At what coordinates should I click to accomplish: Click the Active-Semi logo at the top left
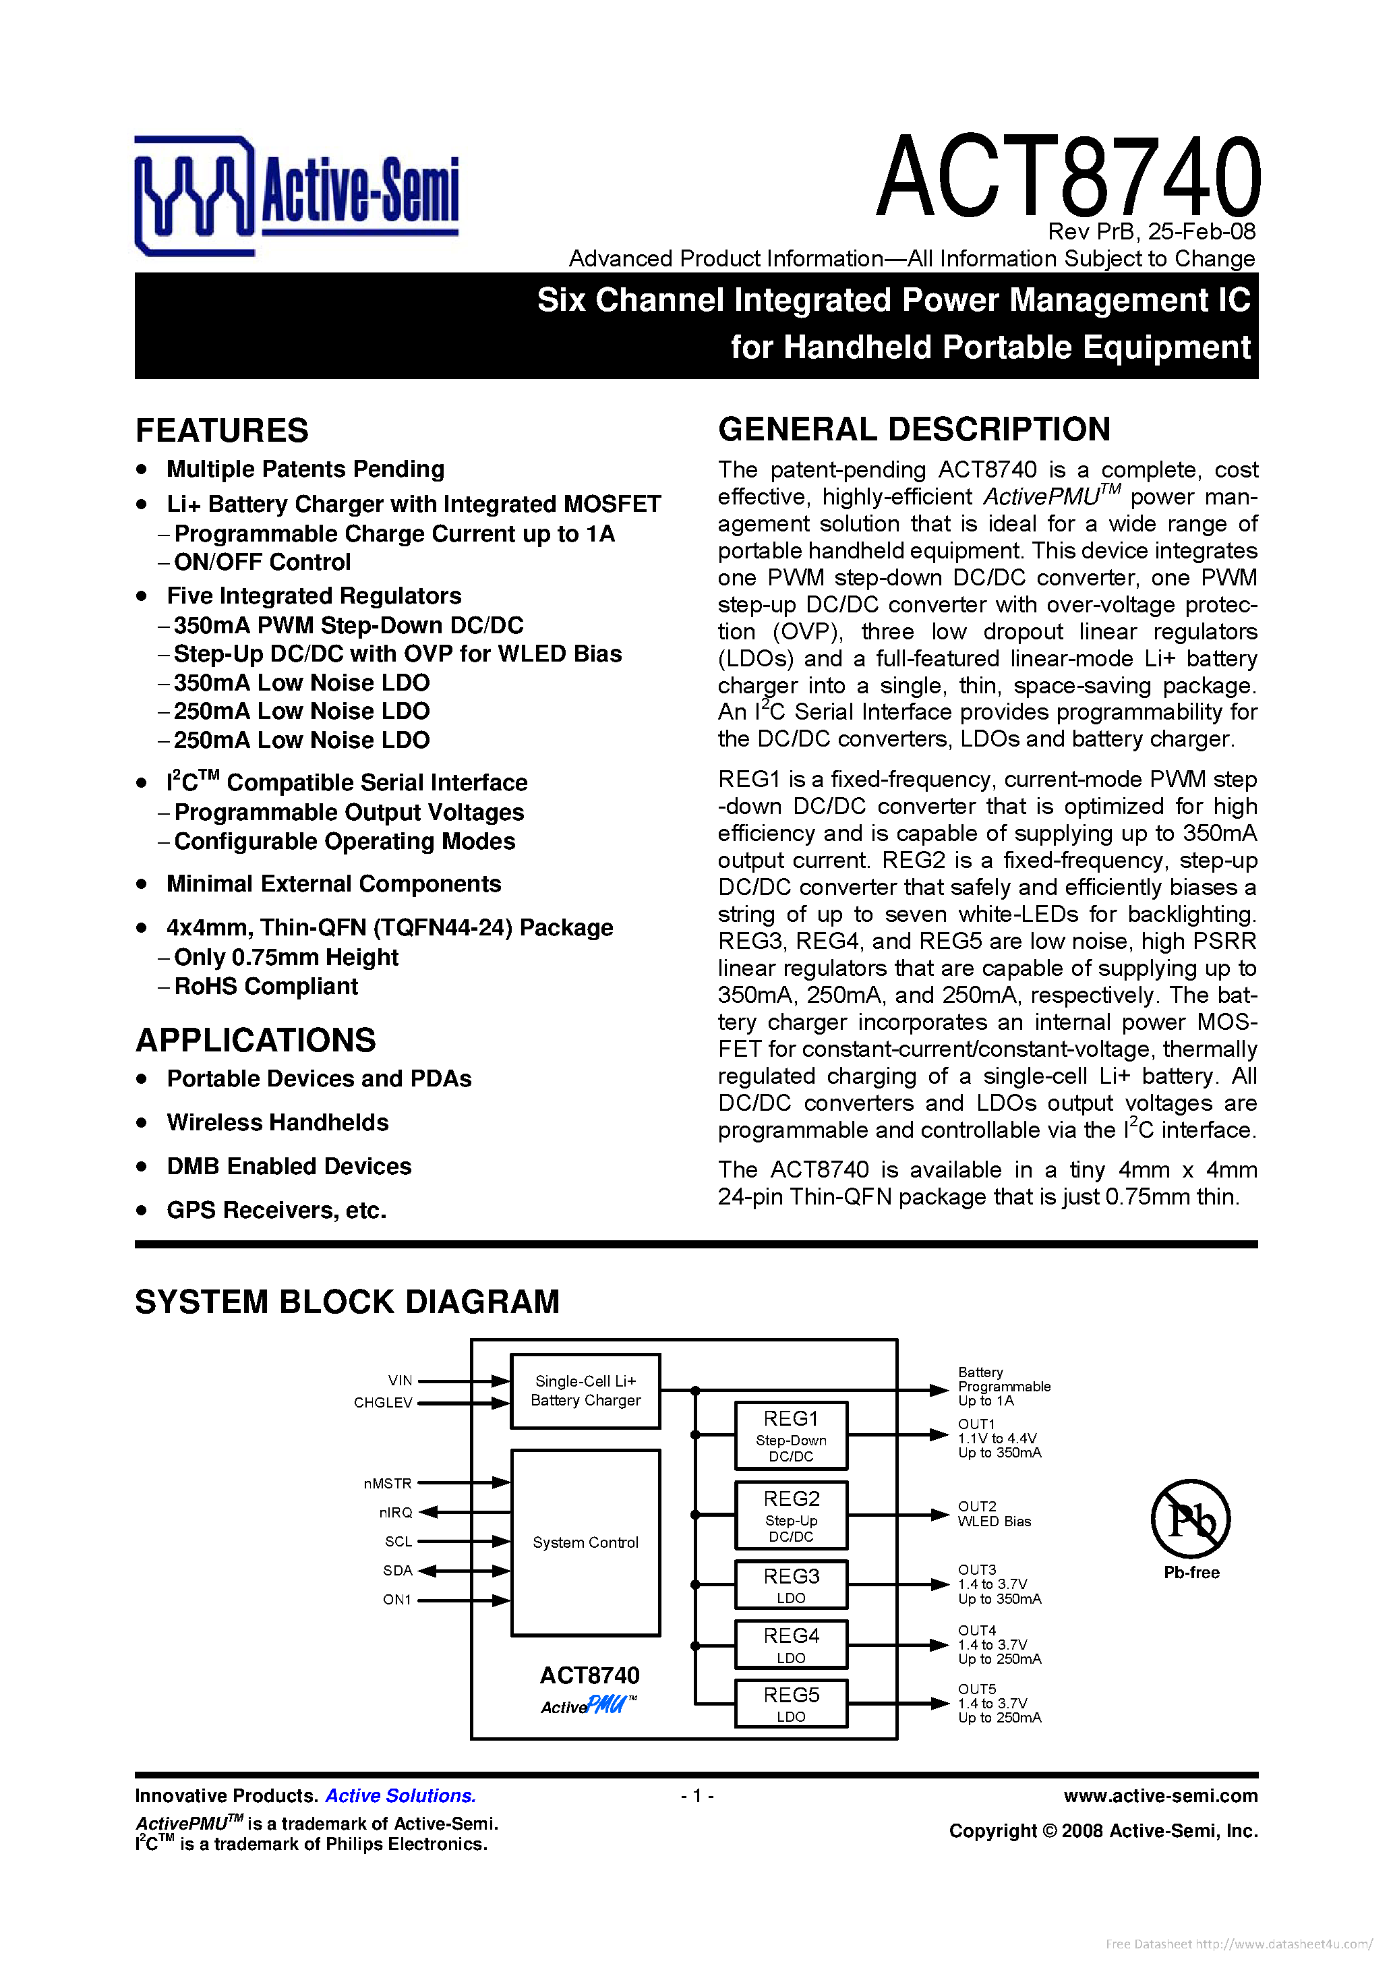click(x=296, y=195)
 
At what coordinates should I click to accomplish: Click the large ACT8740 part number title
click(x=1067, y=176)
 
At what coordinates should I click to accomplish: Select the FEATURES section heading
click(x=223, y=430)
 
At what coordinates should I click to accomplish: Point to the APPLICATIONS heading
click(x=256, y=1040)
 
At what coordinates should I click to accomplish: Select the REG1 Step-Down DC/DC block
click(x=791, y=1435)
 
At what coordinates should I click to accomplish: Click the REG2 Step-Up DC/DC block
click(x=791, y=1515)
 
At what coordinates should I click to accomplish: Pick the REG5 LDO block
click(x=791, y=1703)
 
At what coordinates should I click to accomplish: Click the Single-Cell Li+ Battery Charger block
click(x=586, y=1391)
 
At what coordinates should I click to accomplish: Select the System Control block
click(x=586, y=1542)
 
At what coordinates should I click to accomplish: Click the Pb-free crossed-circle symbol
click(x=1190, y=1519)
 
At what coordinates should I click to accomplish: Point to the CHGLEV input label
click(x=383, y=1403)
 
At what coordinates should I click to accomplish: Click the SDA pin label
click(x=398, y=1570)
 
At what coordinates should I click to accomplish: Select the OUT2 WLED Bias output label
click(x=994, y=1513)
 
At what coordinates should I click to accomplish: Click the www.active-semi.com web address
click(x=1160, y=1795)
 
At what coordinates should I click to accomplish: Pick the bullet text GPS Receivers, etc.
click(x=276, y=1210)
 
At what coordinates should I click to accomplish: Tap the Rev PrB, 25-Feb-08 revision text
click(x=1151, y=232)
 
